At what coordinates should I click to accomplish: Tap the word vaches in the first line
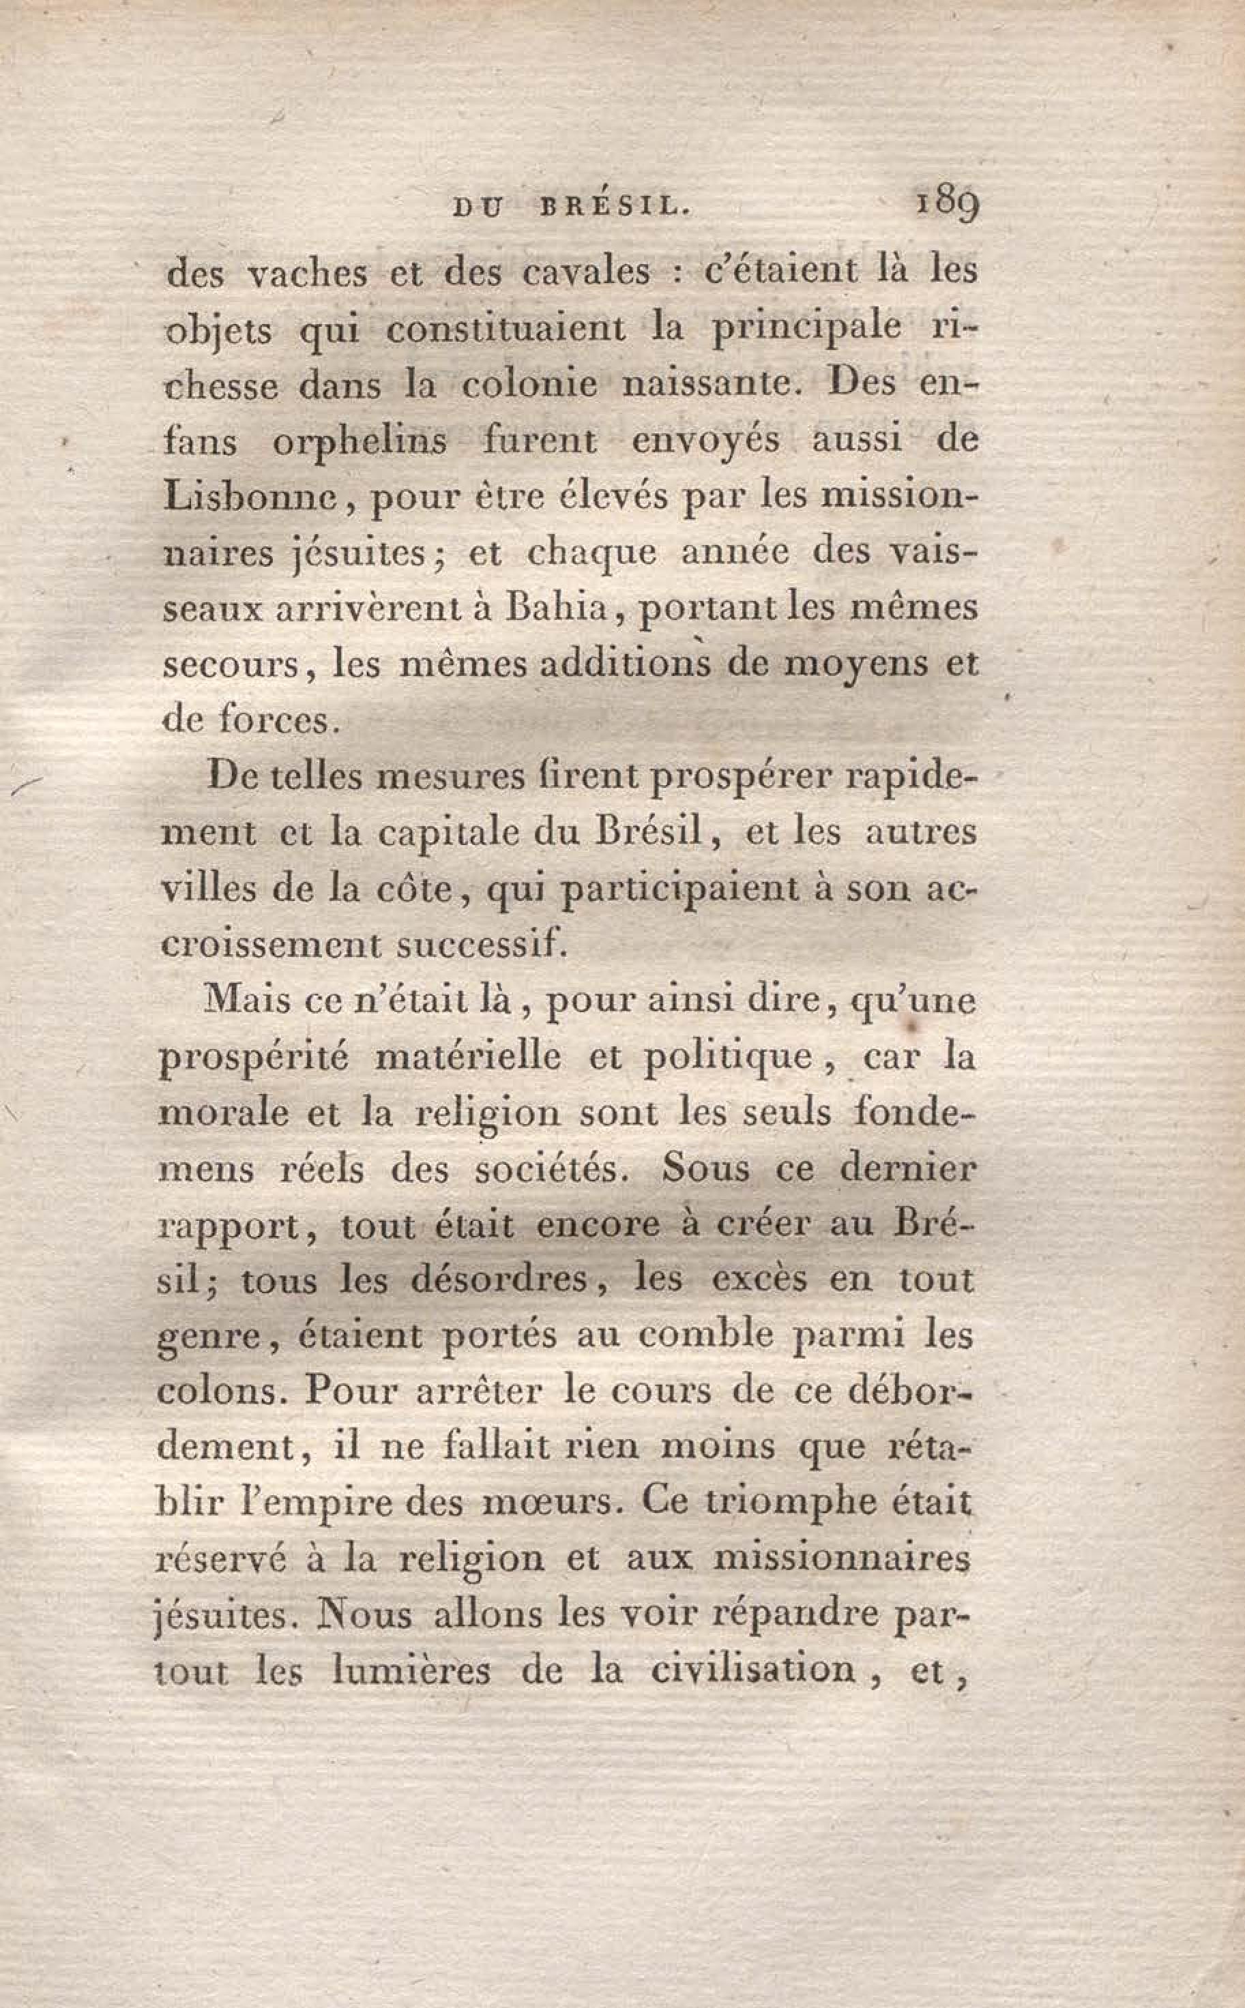(x=308, y=274)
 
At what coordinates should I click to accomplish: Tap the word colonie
(x=529, y=385)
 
